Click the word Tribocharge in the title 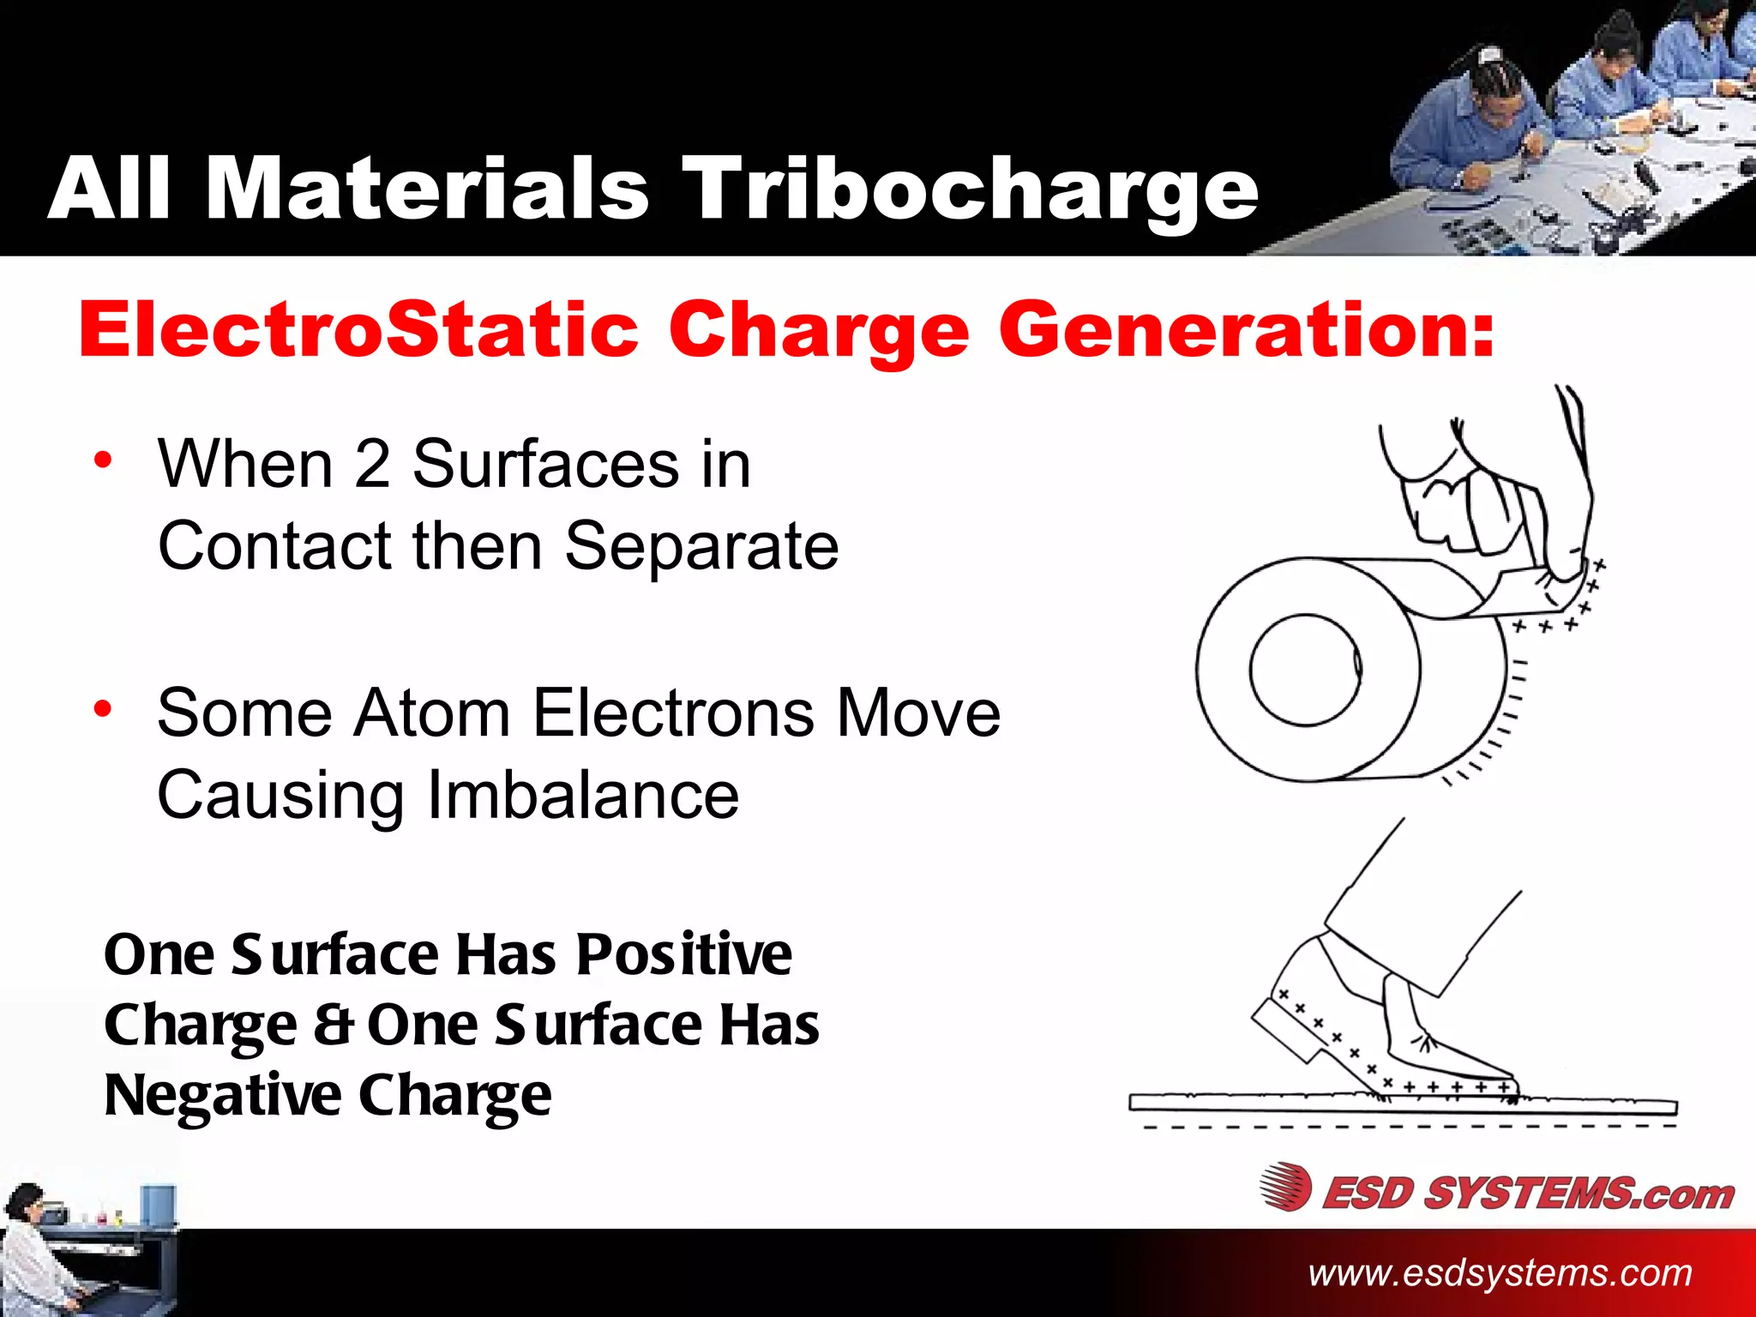969,190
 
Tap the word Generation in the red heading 1246,330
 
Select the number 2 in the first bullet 372,464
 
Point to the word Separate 701,546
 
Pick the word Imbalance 581,795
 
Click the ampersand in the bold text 333,1025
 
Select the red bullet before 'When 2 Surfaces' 103,460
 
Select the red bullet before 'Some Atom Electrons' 103,709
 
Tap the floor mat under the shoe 1398,1104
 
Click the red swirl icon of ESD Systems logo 1285,1188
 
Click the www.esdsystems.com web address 1500,1273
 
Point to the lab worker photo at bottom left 86,1248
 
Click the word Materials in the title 426,190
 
